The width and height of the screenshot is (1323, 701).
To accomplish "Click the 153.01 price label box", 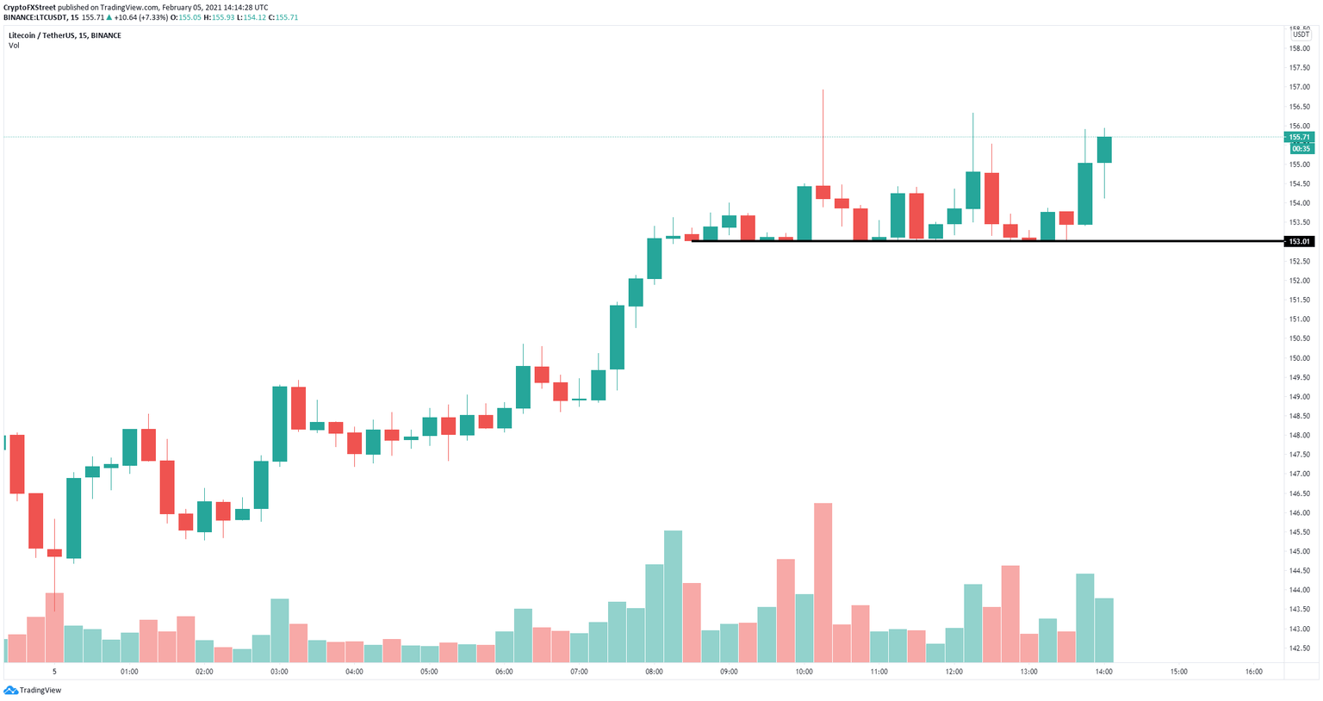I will coord(1299,241).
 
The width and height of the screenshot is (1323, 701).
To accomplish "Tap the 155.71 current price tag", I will coord(1300,137).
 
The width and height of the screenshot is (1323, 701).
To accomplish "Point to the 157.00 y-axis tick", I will coord(1299,87).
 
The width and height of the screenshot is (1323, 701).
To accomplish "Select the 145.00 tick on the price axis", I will coord(1299,551).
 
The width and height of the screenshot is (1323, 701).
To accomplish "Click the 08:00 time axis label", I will coord(655,672).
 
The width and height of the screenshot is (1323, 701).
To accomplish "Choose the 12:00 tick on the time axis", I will coord(954,672).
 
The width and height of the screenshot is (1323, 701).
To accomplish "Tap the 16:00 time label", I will coord(1254,672).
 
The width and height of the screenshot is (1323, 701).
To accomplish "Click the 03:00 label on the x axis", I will coord(279,672).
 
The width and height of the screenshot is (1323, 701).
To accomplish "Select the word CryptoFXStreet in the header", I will coord(29,7).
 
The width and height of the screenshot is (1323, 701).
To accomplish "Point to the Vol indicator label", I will coord(14,46).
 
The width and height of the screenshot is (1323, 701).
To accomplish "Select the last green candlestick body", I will coord(1104,149).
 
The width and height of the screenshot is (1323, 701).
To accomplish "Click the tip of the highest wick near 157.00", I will coord(823,90).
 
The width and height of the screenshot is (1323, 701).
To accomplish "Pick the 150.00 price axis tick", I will coord(1299,358).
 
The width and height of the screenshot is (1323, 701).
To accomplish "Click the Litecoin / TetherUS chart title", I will coord(65,35).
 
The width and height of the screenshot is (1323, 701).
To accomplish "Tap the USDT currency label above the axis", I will coord(1301,34).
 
